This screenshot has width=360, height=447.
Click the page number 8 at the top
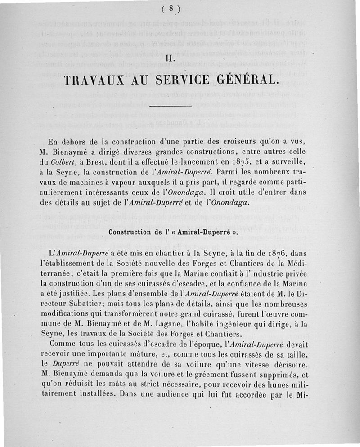pyautogui.click(x=173, y=8)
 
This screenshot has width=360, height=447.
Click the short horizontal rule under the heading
pyautogui.click(x=173, y=105)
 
